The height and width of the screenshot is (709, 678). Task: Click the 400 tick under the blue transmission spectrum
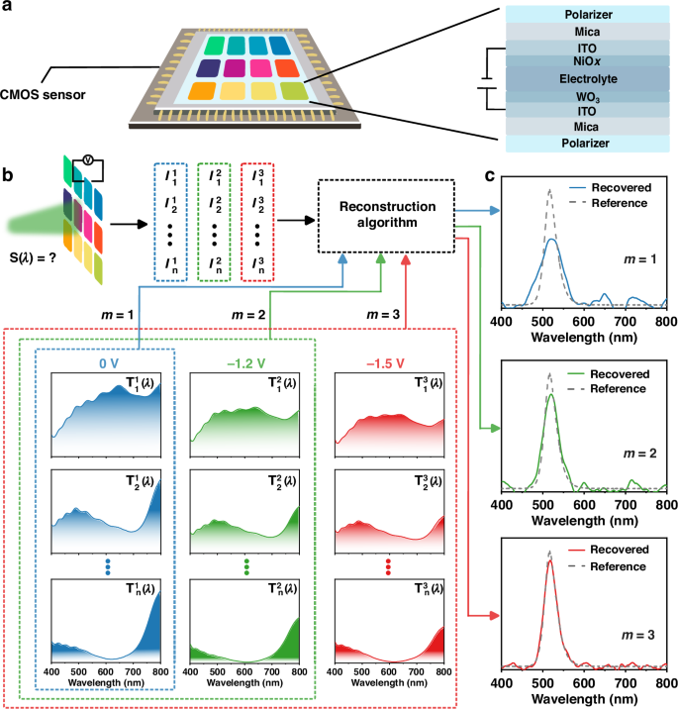pyautogui.click(x=52, y=672)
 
